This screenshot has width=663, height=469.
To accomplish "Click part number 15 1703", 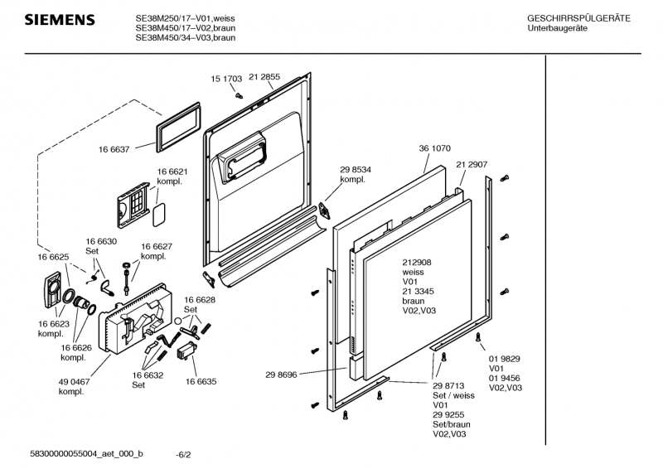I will point(225,79).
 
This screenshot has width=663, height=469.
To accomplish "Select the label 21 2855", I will point(264,77).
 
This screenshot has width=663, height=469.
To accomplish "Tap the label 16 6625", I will point(52,258).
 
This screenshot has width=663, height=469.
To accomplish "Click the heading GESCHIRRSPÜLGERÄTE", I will point(578,18).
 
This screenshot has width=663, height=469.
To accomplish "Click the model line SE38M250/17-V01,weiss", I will point(186,17).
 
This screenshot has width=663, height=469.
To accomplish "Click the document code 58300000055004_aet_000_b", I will point(86,454).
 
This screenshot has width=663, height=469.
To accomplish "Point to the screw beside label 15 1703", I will point(238,94).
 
